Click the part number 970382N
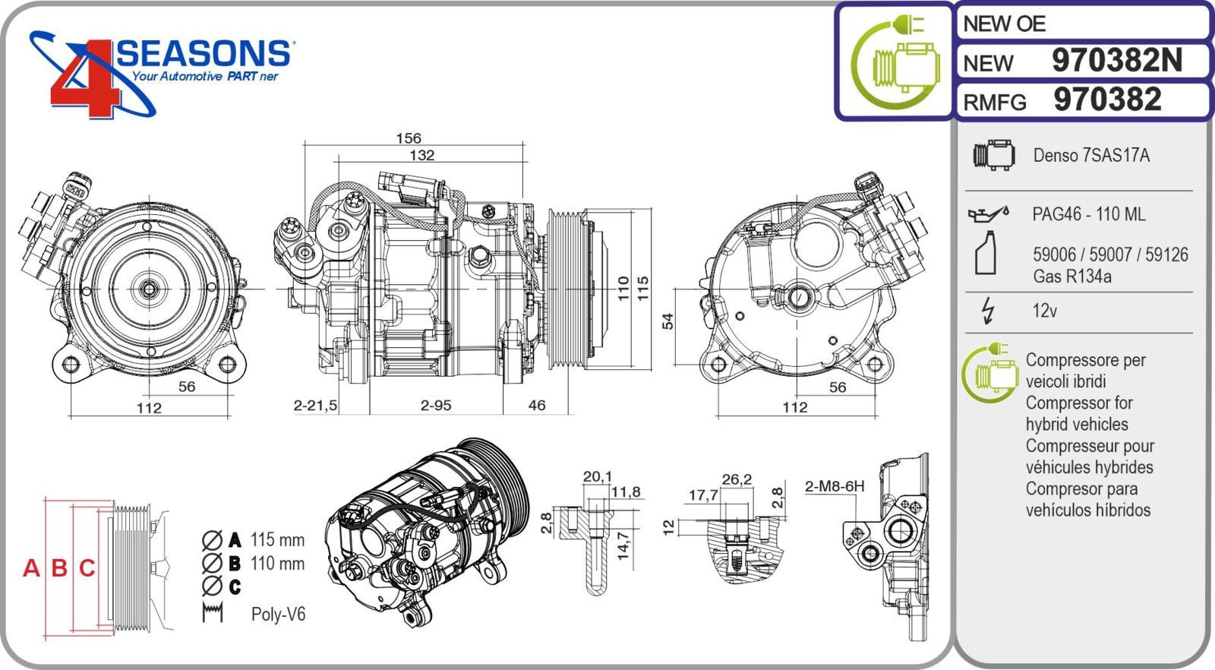(1116, 61)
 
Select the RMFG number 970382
(1107, 100)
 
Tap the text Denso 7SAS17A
(1090, 156)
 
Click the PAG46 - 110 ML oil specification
(1088, 215)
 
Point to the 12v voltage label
(1044, 311)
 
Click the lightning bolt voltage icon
(988, 311)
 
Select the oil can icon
(987, 214)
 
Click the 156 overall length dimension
(409, 138)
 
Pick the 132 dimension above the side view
(421, 155)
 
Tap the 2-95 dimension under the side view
(436, 406)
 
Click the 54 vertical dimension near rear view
(667, 321)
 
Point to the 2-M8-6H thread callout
(834, 486)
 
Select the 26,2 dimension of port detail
(737, 479)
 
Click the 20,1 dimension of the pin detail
(597, 477)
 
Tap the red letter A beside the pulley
(31, 568)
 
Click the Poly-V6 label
(278, 615)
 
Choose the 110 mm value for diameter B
(277, 564)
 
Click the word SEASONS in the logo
(204, 55)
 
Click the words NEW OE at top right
(1004, 24)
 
